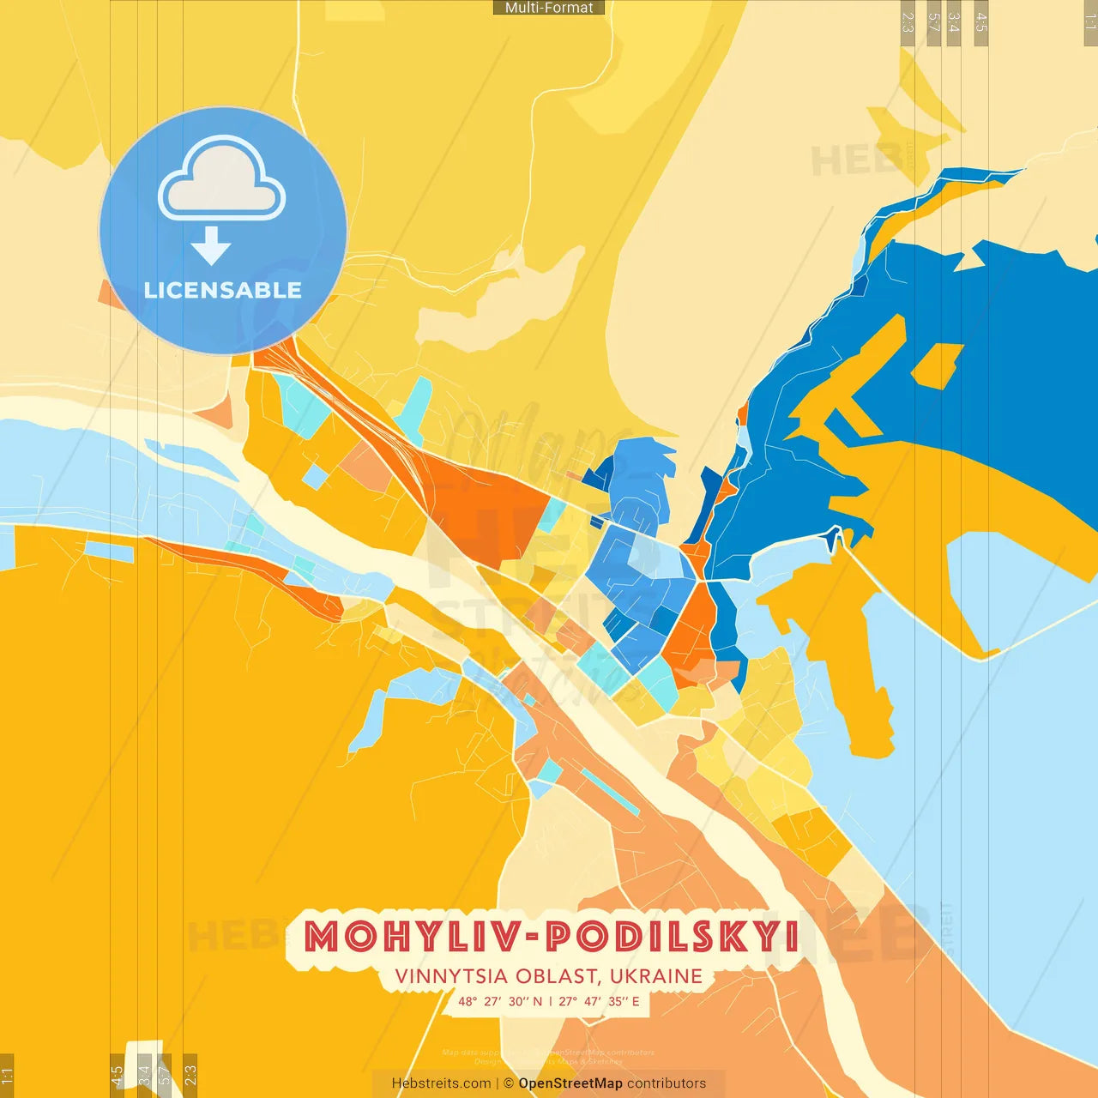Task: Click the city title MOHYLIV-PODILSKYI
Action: tap(552, 937)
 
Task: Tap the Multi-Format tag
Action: tap(549, 8)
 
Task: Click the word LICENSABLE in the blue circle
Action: tap(223, 290)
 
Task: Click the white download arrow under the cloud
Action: tap(211, 246)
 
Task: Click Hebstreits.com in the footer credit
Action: tap(441, 1083)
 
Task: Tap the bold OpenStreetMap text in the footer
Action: tap(570, 1083)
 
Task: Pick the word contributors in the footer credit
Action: tap(667, 1083)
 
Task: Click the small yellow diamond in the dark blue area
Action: tap(938, 365)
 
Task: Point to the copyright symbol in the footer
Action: tap(509, 1083)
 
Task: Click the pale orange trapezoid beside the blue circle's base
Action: tap(216, 411)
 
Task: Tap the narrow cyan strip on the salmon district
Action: tap(610, 792)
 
